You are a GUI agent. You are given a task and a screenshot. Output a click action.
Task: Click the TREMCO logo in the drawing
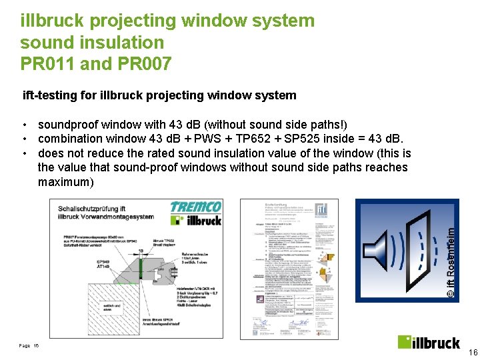point(195,207)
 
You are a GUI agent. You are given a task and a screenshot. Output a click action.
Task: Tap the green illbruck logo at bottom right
point(429,342)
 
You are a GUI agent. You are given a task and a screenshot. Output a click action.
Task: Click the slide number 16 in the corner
point(473,353)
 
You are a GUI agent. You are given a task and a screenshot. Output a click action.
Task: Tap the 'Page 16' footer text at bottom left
point(29,345)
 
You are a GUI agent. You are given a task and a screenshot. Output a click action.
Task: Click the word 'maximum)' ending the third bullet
point(66,182)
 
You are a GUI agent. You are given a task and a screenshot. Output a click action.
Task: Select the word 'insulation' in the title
point(124,43)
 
